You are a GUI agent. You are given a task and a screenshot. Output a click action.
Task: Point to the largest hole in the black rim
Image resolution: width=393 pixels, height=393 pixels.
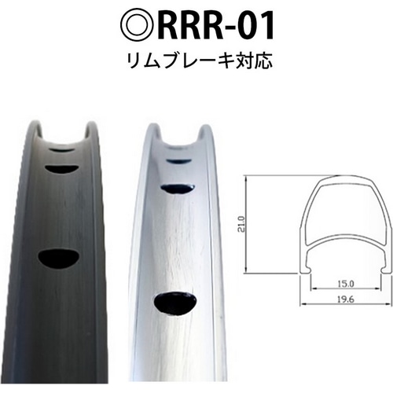pos(61,258)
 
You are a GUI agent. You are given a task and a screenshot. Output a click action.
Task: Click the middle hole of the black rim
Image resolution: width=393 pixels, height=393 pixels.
pos(61,167)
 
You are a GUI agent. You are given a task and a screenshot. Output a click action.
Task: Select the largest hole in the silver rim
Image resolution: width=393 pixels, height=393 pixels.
pos(175,303)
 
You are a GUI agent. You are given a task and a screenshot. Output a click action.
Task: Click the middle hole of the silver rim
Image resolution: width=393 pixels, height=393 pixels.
pos(177,189)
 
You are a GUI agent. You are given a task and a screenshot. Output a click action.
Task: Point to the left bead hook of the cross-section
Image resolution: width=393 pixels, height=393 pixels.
pos(304,270)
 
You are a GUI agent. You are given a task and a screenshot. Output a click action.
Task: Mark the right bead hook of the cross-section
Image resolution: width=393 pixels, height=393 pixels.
pos(381,270)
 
